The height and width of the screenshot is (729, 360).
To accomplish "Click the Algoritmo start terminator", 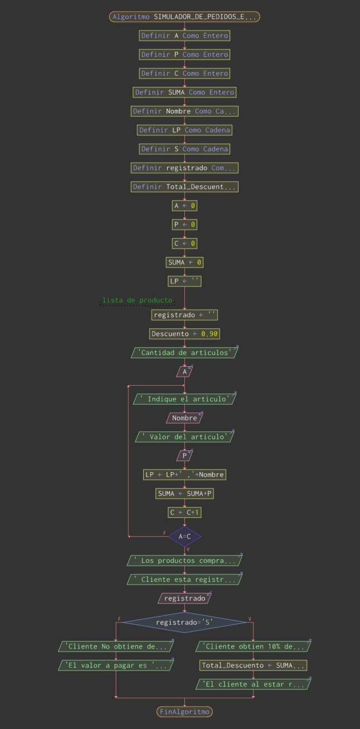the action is coord(184,17).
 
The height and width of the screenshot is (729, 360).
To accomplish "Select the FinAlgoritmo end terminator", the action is coord(184,711).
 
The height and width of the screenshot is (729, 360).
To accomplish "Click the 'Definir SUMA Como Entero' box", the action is coord(184,92).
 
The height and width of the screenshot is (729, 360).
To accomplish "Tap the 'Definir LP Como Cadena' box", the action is coord(184,130).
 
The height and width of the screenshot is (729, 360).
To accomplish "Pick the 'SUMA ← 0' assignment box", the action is coord(184,263).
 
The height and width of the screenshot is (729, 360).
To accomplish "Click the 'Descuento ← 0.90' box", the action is coord(184,334).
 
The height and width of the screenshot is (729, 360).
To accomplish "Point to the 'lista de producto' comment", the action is coord(137,300).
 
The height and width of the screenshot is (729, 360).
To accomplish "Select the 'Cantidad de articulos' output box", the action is coord(184,352).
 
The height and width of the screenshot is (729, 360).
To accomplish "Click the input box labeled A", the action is coord(184,371).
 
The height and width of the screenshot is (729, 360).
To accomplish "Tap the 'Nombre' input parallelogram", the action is coord(184,417).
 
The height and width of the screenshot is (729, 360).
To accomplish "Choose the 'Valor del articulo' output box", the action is coord(184,436).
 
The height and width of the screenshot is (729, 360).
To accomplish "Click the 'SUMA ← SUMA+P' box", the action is coord(184,493).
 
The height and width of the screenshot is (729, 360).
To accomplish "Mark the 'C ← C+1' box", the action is coord(184,512).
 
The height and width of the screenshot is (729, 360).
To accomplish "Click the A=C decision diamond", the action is coord(184,536).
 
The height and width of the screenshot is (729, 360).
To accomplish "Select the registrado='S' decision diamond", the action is coord(184,622).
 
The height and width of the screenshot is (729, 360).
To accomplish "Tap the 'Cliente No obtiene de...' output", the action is coord(116,647).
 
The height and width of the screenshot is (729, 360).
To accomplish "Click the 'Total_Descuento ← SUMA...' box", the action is coord(253,665).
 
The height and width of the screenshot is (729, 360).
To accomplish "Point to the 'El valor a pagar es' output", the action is coord(116,665).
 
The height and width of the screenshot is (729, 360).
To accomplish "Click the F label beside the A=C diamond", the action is coord(164,533).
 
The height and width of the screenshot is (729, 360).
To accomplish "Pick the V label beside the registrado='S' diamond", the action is coord(250,619).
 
